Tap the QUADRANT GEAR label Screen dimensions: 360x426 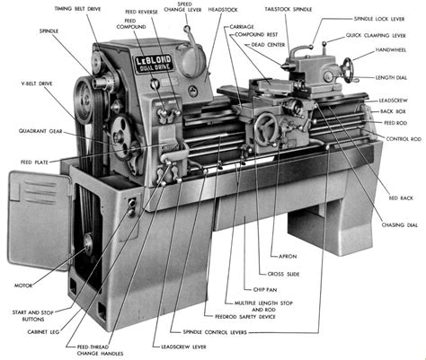coord(38,130)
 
